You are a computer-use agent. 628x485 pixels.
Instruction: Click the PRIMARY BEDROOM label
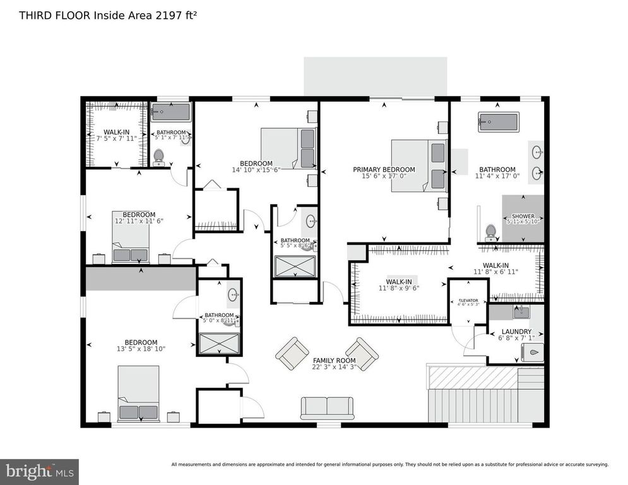click(384, 169)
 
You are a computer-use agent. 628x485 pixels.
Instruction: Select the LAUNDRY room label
click(516, 332)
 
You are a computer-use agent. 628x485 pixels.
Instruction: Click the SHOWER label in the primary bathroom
click(523, 216)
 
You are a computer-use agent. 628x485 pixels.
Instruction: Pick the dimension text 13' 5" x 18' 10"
click(139, 349)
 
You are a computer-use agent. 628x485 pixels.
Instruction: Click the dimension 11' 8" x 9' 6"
click(399, 288)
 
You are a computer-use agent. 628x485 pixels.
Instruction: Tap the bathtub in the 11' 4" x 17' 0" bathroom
click(498, 121)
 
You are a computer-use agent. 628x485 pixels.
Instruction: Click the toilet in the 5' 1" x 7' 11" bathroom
click(158, 155)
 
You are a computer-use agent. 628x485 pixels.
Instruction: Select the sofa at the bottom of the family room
click(327, 407)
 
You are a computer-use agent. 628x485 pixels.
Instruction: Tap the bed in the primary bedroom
click(418, 164)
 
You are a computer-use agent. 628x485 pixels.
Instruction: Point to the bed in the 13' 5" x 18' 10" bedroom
click(139, 393)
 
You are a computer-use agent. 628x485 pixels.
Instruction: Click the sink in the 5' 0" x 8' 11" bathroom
click(232, 295)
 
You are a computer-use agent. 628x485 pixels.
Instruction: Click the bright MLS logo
click(39, 471)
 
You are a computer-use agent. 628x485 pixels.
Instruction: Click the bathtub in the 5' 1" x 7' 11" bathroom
click(170, 112)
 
